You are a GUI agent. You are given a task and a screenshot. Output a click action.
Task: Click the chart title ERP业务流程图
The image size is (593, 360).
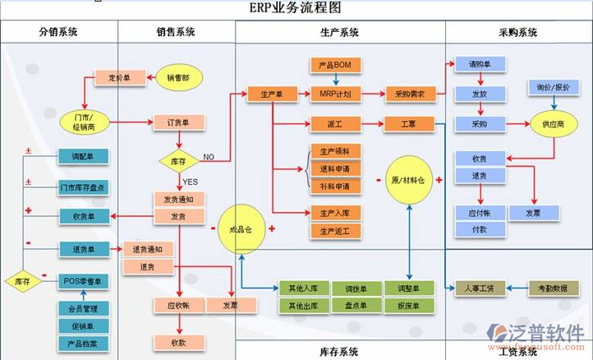click(x=296, y=7)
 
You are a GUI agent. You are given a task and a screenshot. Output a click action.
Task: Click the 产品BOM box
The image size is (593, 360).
click(x=335, y=64)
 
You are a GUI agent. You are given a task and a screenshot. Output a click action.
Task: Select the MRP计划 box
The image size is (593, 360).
click(x=335, y=95)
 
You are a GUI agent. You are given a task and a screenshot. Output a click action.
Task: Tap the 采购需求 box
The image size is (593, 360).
click(x=408, y=95)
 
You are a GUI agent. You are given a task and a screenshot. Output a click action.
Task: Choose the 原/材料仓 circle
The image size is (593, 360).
click(x=408, y=179)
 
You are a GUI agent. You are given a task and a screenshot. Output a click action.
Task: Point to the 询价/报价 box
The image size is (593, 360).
click(x=553, y=87)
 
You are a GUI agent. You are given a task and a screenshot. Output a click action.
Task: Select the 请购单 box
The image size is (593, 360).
click(x=480, y=64)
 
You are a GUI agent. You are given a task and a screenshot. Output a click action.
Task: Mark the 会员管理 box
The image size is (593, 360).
click(x=82, y=309)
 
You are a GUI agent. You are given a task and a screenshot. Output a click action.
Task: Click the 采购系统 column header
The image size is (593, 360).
click(x=517, y=33)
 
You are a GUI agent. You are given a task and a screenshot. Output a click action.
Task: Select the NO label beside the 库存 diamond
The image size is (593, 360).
click(x=209, y=157)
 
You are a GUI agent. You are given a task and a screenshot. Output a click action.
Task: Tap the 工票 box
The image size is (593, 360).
click(x=408, y=125)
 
